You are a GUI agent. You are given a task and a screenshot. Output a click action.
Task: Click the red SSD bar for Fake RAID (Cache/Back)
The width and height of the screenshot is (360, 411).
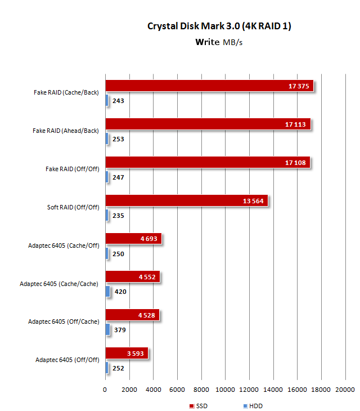(x=208, y=86)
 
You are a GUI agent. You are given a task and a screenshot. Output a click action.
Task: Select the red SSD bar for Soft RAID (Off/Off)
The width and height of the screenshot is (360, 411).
(x=186, y=201)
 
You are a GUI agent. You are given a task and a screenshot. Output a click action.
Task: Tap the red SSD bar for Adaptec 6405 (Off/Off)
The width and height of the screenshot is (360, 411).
(x=127, y=354)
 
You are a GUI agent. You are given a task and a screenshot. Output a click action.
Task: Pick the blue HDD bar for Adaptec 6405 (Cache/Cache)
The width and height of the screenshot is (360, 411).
(x=107, y=292)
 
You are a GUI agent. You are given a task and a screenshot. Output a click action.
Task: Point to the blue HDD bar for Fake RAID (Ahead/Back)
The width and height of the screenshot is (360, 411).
(x=106, y=139)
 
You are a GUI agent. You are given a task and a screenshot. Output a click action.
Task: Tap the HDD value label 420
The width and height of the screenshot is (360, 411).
(x=120, y=292)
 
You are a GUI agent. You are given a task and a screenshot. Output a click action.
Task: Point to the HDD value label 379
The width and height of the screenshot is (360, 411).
(x=120, y=330)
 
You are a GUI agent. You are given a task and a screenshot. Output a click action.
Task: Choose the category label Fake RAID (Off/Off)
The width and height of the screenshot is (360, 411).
(x=72, y=169)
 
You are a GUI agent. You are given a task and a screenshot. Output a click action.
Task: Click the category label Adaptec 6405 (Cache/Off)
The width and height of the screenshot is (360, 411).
(x=64, y=245)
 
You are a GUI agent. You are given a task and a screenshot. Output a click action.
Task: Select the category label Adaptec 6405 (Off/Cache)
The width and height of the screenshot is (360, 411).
(x=64, y=322)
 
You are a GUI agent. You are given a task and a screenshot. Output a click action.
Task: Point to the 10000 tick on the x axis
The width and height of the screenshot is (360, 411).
(x=225, y=390)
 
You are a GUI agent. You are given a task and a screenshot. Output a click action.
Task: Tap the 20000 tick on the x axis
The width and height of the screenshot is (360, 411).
(x=345, y=390)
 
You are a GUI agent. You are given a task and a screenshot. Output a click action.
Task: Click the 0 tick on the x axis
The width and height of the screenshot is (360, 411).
(x=105, y=390)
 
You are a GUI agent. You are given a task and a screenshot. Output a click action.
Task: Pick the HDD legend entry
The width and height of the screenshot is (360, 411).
(x=253, y=406)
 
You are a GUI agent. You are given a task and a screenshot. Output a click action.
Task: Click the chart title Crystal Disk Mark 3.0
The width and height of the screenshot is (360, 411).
(x=219, y=26)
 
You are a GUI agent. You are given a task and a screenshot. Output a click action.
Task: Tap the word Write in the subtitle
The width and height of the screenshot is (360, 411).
(x=207, y=41)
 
